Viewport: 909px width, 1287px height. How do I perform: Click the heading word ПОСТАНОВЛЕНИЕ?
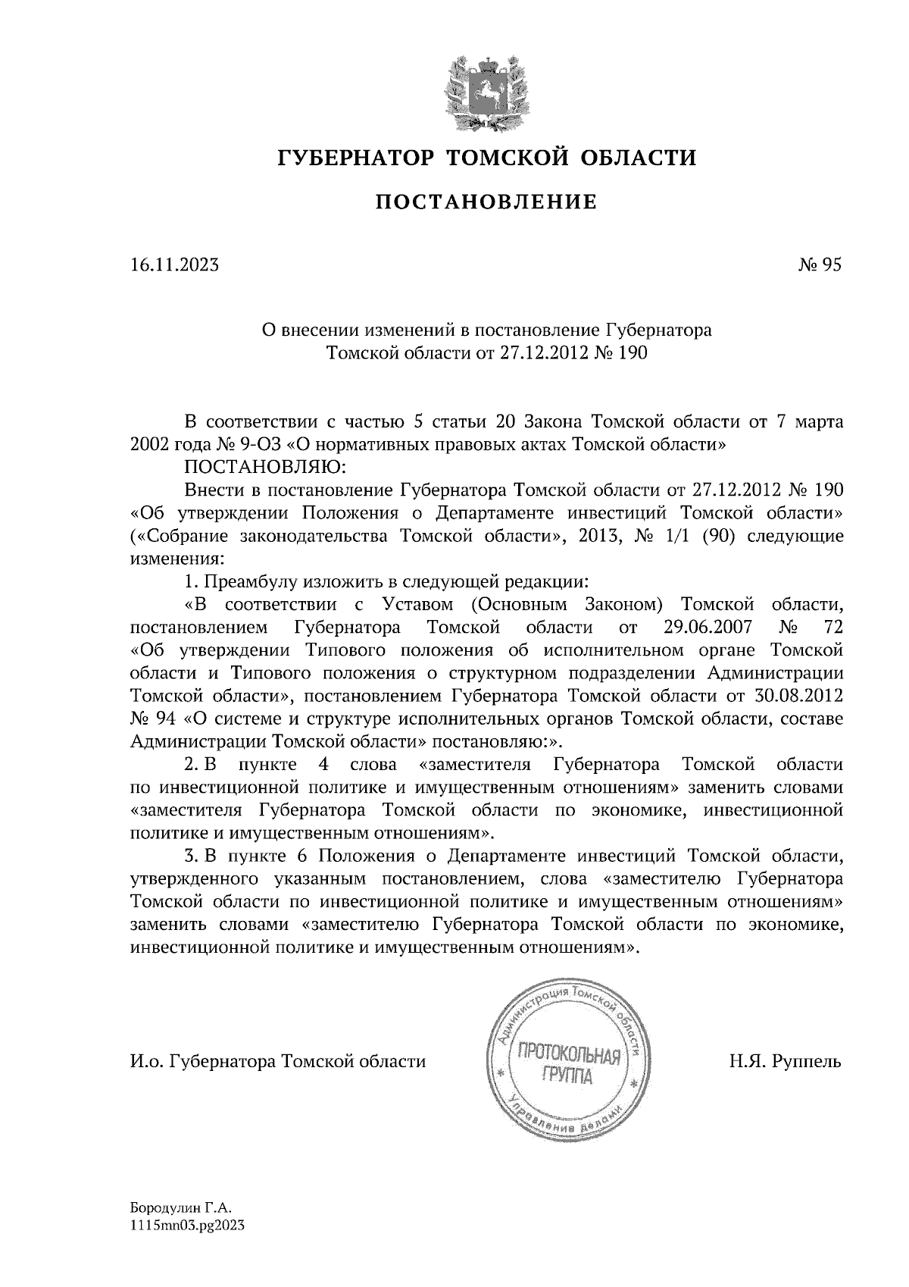coord(486,202)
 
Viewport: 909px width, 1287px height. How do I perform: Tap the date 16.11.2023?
coord(174,265)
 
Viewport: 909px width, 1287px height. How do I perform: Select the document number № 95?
coord(820,265)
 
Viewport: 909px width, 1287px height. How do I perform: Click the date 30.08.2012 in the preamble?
coord(801,696)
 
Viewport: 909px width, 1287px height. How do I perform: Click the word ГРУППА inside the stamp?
coord(567,1076)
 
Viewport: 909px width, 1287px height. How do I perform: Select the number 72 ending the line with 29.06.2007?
coord(832,628)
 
